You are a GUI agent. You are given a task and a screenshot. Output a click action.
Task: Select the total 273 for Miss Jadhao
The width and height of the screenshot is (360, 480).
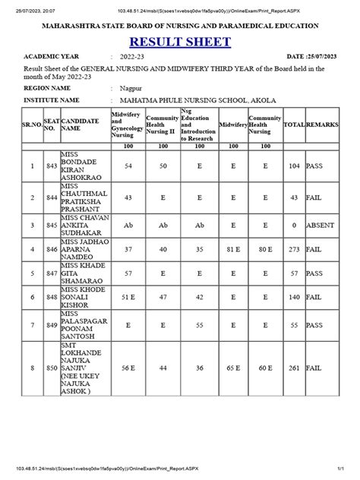pyautogui.click(x=293, y=248)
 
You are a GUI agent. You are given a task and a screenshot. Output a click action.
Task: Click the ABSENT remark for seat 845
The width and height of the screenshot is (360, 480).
pyautogui.click(x=320, y=225)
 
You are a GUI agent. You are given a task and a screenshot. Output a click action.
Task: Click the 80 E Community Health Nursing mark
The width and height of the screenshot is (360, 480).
pyautogui.click(x=265, y=248)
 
